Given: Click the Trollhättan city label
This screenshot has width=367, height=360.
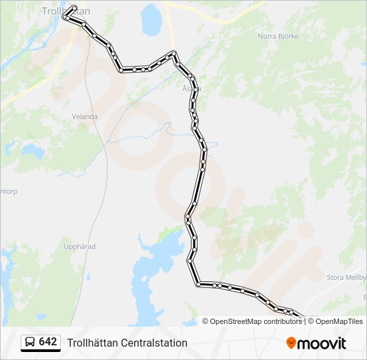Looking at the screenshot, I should [x=65, y=11].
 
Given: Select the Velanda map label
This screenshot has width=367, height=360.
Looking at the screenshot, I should [x=85, y=117].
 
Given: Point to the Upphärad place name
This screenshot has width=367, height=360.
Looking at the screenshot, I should [x=79, y=247].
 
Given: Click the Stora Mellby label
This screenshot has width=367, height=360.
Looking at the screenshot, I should [x=346, y=277].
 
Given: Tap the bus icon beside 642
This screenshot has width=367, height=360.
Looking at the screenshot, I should [x=30, y=342].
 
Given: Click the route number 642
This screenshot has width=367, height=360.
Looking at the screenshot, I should [x=48, y=342].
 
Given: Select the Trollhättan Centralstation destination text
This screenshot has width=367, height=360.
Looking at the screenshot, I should [x=127, y=343].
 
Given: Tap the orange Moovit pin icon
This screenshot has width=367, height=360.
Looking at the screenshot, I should [x=292, y=343].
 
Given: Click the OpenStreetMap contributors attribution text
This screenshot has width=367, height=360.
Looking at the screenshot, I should [x=256, y=321].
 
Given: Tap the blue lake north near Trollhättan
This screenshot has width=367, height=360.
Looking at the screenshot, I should [x=151, y=20].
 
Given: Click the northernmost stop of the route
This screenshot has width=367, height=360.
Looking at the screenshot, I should [x=73, y=7].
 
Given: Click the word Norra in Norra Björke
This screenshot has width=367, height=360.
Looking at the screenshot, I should [x=267, y=35].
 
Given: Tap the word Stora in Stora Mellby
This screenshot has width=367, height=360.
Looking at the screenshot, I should [x=336, y=277].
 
